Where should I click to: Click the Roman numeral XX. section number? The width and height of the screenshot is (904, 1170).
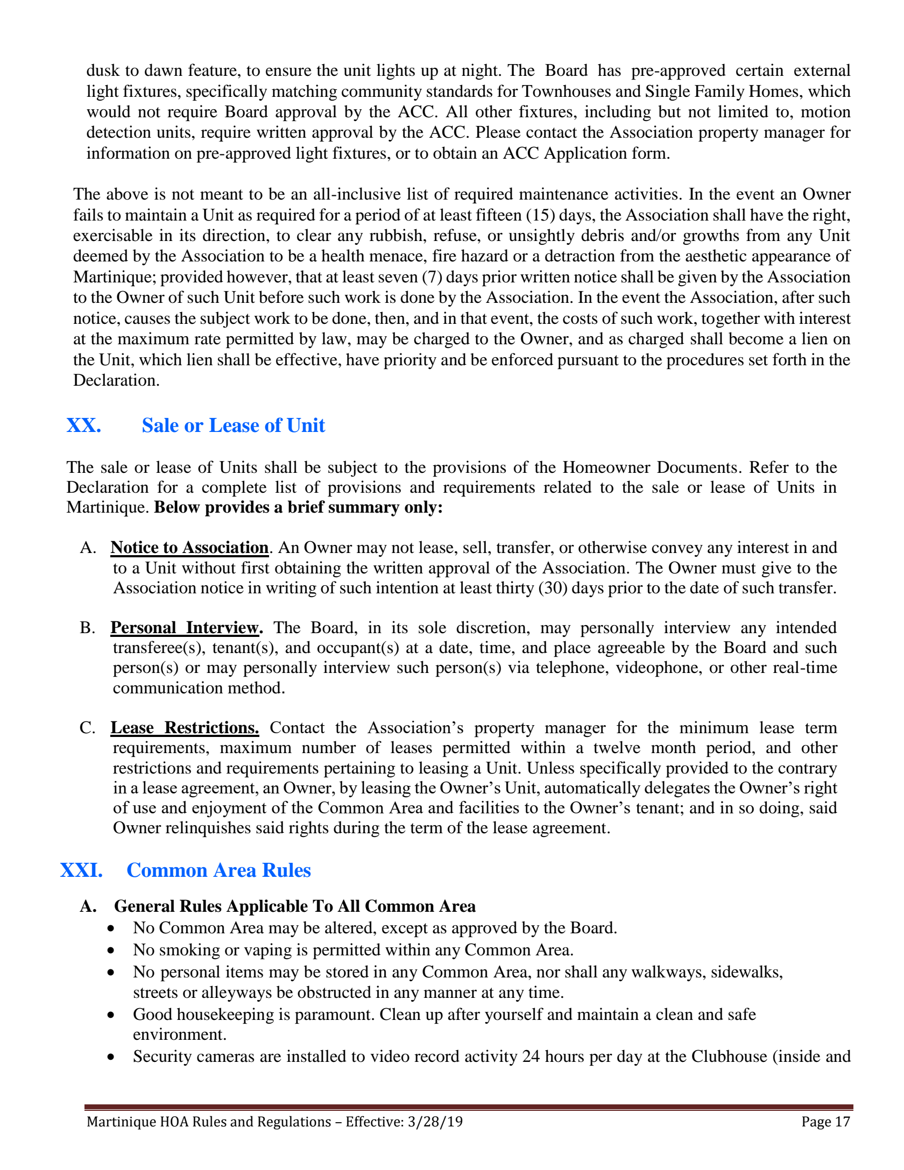[83, 426]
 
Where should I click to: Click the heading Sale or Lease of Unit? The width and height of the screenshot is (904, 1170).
[233, 426]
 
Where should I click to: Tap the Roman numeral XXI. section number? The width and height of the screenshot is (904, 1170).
[81, 870]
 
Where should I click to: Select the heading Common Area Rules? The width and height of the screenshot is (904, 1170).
[218, 870]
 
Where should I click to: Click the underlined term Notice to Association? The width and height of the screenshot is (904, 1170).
[189, 548]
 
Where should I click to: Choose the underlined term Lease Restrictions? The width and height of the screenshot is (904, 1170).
[185, 728]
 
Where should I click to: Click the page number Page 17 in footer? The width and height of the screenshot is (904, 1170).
[825, 1122]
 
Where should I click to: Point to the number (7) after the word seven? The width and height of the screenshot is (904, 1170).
[432, 277]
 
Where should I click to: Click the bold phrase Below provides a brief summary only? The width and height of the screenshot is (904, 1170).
[298, 508]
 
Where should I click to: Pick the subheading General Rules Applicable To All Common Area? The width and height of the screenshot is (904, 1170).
[295, 906]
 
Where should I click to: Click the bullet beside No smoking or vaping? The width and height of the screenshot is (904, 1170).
[111, 951]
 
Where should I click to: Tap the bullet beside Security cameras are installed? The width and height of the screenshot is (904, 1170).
[111, 1057]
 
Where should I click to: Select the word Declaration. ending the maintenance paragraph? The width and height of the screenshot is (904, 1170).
[116, 380]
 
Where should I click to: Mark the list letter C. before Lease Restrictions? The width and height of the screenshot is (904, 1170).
[87, 728]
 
